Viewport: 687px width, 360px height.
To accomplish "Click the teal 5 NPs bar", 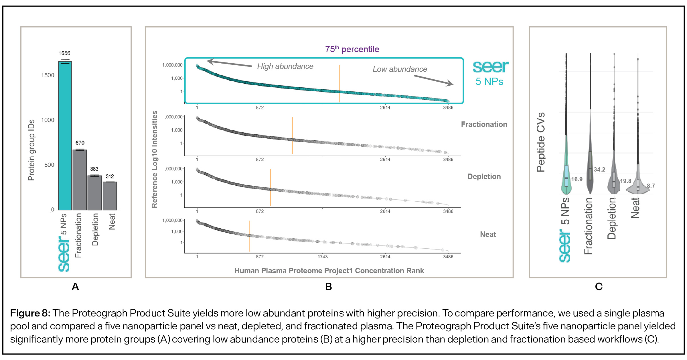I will click(x=65, y=136).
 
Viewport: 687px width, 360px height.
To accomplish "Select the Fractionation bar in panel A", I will click(x=80, y=180).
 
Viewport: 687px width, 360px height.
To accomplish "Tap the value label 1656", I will click(x=64, y=53).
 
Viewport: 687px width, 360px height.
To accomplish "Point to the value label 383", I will click(x=94, y=169).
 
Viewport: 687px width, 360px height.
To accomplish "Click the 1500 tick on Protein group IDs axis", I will click(x=48, y=75).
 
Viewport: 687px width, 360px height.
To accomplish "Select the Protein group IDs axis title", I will click(x=31, y=150).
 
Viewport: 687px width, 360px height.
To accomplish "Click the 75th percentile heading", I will click(x=352, y=49).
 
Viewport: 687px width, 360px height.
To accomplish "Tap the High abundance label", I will click(x=285, y=66).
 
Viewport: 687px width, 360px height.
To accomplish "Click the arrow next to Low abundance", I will click(x=433, y=80).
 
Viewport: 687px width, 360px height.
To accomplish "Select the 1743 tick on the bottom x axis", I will click(x=323, y=257).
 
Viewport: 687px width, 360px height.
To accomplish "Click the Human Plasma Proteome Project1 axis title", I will click(x=329, y=271).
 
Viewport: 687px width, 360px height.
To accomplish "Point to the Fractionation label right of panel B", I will click(x=484, y=124).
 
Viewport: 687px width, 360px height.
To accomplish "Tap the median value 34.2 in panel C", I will click(x=599, y=170).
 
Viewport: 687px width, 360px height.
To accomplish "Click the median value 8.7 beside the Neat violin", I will click(x=651, y=186).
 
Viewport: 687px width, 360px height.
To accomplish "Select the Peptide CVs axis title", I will click(x=541, y=142).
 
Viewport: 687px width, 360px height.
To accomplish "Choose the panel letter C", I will click(x=599, y=287).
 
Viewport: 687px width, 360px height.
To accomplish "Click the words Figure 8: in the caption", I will click(x=30, y=313).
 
